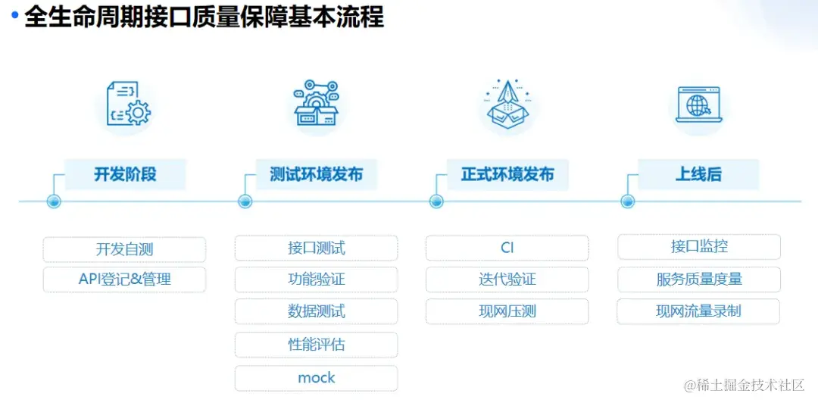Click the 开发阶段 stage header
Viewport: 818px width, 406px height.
125,174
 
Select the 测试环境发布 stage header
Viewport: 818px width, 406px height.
316,174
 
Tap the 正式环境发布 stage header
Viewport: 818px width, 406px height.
507,174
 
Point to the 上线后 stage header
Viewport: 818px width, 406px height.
698,174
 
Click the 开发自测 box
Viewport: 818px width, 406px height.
124,249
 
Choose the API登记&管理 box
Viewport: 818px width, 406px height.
124,280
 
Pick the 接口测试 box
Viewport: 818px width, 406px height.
316,248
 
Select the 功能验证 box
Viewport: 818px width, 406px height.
316,280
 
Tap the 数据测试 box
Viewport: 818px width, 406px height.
316,311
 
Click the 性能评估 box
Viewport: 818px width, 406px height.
316,345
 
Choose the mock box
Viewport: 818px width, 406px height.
316,378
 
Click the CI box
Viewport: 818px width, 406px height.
507,248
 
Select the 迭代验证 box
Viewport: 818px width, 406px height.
507,280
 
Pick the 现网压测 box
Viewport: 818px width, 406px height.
507,311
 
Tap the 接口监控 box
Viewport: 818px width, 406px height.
699,246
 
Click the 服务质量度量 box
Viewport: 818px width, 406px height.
699,280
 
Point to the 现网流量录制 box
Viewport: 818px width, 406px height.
698,311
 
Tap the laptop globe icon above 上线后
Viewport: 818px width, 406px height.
698,106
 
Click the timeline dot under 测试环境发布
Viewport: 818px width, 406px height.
245,201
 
